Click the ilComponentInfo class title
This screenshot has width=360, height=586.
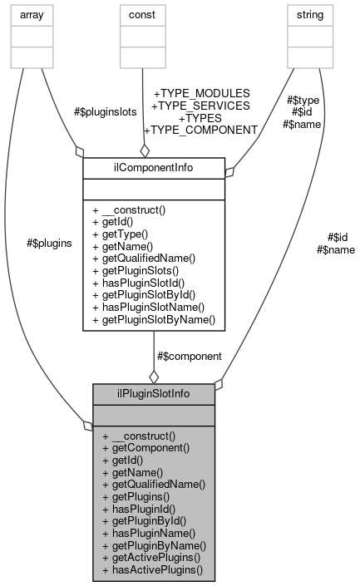pyautogui.click(x=154, y=167)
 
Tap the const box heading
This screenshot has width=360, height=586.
pyautogui.click(x=143, y=15)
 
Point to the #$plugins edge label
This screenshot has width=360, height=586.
pyautogui.click(x=49, y=243)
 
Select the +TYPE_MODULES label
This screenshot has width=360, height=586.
pyautogui.click(x=200, y=93)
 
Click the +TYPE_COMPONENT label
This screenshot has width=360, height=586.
pyautogui.click(x=200, y=130)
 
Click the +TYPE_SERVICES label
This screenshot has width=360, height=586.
pyautogui.click(x=200, y=106)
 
